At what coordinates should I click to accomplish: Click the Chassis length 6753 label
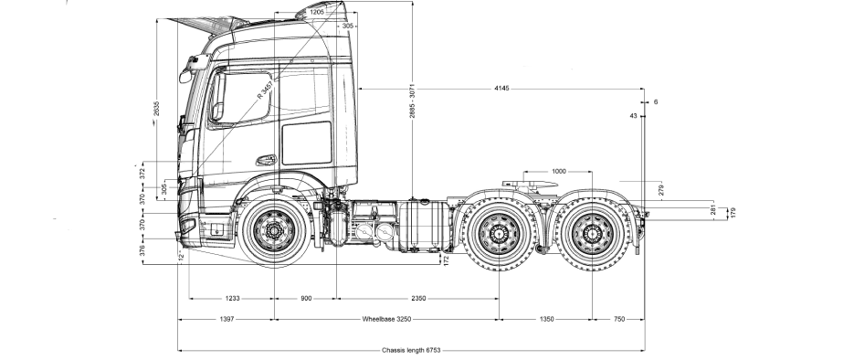click(x=411, y=350)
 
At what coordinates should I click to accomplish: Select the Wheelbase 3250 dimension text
click(x=388, y=321)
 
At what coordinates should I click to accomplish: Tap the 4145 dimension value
click(x=501, y=89)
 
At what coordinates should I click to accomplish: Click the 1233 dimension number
click(x=231, y=299)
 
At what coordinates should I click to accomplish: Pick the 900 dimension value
click(x=305, y=299)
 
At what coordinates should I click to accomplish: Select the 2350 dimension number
click(x=417, y=299)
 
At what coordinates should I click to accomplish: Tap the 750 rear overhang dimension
click(x=618, y=321)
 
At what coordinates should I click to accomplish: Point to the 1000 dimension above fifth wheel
click(x=559, y=171)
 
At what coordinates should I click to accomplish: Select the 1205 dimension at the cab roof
click(x=317, y=12)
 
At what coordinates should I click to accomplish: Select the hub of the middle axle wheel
click(x=499, y=237)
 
